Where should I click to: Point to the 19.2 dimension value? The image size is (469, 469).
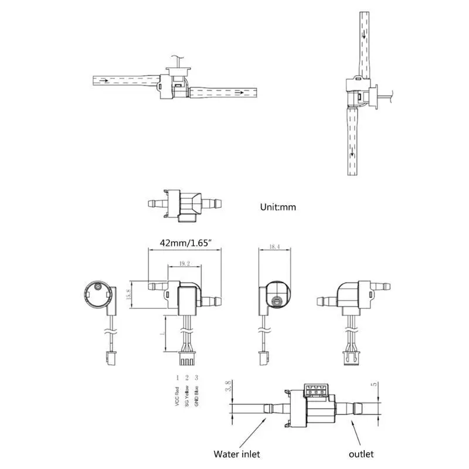185,264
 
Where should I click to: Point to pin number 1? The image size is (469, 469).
177,377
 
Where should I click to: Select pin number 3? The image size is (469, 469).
196,377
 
